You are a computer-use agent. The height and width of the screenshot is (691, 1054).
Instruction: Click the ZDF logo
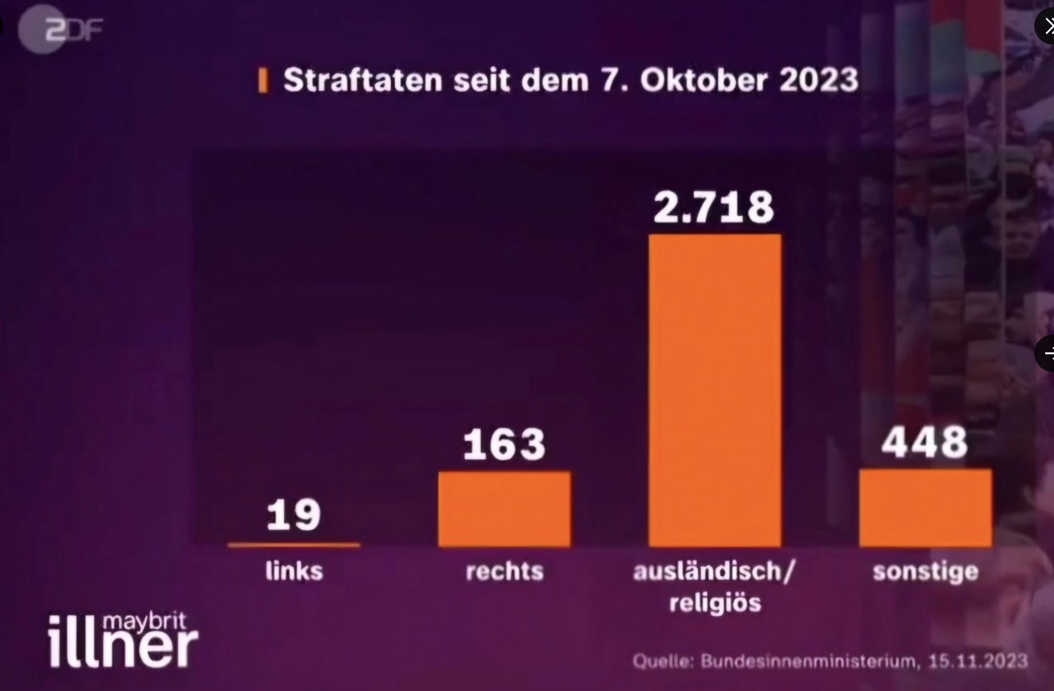[x=61, y=30]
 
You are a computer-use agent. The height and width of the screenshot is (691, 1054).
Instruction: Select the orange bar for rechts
[x=504, y=508]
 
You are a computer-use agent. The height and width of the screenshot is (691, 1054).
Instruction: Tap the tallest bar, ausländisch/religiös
[x=715, y=389]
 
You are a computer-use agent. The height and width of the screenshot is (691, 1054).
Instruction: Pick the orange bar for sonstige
[x=925, y=507]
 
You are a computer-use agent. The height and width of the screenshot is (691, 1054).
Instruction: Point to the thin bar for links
[x=294, y=545]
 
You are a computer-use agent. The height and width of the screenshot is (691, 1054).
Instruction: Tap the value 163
[x=504, y=445]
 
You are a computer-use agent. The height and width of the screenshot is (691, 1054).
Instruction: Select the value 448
[x=925, y=443]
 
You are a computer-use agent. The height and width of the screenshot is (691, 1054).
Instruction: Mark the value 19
[x=294, y=515]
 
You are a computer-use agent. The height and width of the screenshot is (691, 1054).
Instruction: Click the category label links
[x=294, y=571]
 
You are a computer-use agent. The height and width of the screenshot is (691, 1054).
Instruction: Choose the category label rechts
[x=504, y=571]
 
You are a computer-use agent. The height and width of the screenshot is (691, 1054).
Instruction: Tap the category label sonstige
[x=925, y=571]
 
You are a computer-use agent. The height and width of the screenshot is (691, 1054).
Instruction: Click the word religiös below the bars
[x=715, y=603]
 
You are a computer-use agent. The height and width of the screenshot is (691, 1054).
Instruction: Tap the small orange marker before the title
[x=263, y=81]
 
